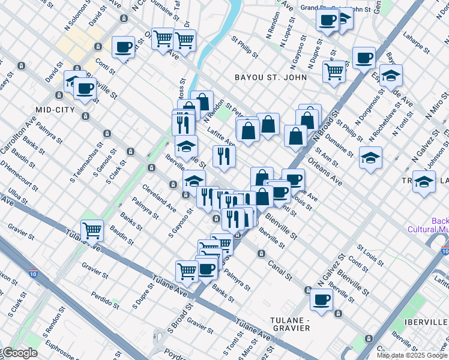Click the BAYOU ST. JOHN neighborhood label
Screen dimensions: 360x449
[x=271, y=77]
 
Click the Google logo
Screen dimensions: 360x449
[x=19, y=353]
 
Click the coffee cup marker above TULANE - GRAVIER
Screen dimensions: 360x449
[x=321, y=299]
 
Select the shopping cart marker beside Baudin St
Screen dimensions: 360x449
[x=92, y=230]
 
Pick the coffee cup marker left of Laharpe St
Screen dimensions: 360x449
[x=364, y=58]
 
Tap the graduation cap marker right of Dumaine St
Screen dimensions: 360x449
[x=370, y=158]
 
